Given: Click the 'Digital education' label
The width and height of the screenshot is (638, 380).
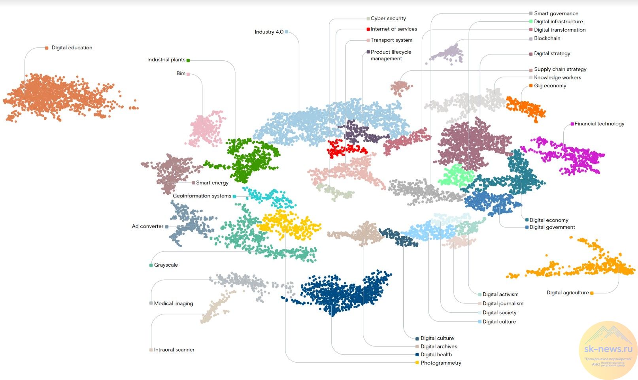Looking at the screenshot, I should tap(72, 48).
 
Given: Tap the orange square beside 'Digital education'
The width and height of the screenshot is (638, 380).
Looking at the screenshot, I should tap(47, 48).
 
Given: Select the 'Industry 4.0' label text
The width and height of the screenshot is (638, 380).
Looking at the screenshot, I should tap(269, 32).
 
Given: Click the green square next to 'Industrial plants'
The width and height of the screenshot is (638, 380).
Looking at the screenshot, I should tap(188, 60).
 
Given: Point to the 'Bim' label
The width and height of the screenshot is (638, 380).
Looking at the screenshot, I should tap(181, 73).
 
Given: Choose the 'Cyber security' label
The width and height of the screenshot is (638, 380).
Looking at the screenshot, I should tap(388, 19).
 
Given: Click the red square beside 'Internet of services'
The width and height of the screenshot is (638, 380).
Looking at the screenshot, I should tap(368, 29).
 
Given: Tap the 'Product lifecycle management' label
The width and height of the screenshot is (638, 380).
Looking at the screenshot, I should tap(391, 55).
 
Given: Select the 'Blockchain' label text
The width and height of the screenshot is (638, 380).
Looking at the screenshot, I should tap(547, 38).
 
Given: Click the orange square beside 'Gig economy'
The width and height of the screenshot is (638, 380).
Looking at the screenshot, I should tap(531, 86).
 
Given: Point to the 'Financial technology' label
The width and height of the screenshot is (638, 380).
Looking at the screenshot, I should tap(599, 124).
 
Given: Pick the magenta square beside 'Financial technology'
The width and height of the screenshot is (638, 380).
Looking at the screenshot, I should tap(572, 124).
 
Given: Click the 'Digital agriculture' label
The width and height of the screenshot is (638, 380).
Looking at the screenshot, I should tap(568, 293).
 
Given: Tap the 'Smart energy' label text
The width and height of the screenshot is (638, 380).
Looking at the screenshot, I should tap(212, 183).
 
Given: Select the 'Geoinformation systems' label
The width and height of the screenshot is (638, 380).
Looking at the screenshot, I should tap(202, 196).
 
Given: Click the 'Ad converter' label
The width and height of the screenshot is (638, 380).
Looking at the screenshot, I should tap(147, 226).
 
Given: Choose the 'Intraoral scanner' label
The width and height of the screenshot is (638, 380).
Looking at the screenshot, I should tap(174, 350).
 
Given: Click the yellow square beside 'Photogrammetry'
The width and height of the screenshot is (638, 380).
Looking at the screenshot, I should tap(417, 363).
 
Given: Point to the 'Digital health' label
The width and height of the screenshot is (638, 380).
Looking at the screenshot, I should tap(436, 355).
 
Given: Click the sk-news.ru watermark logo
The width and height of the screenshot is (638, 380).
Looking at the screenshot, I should tap(608, 350).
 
